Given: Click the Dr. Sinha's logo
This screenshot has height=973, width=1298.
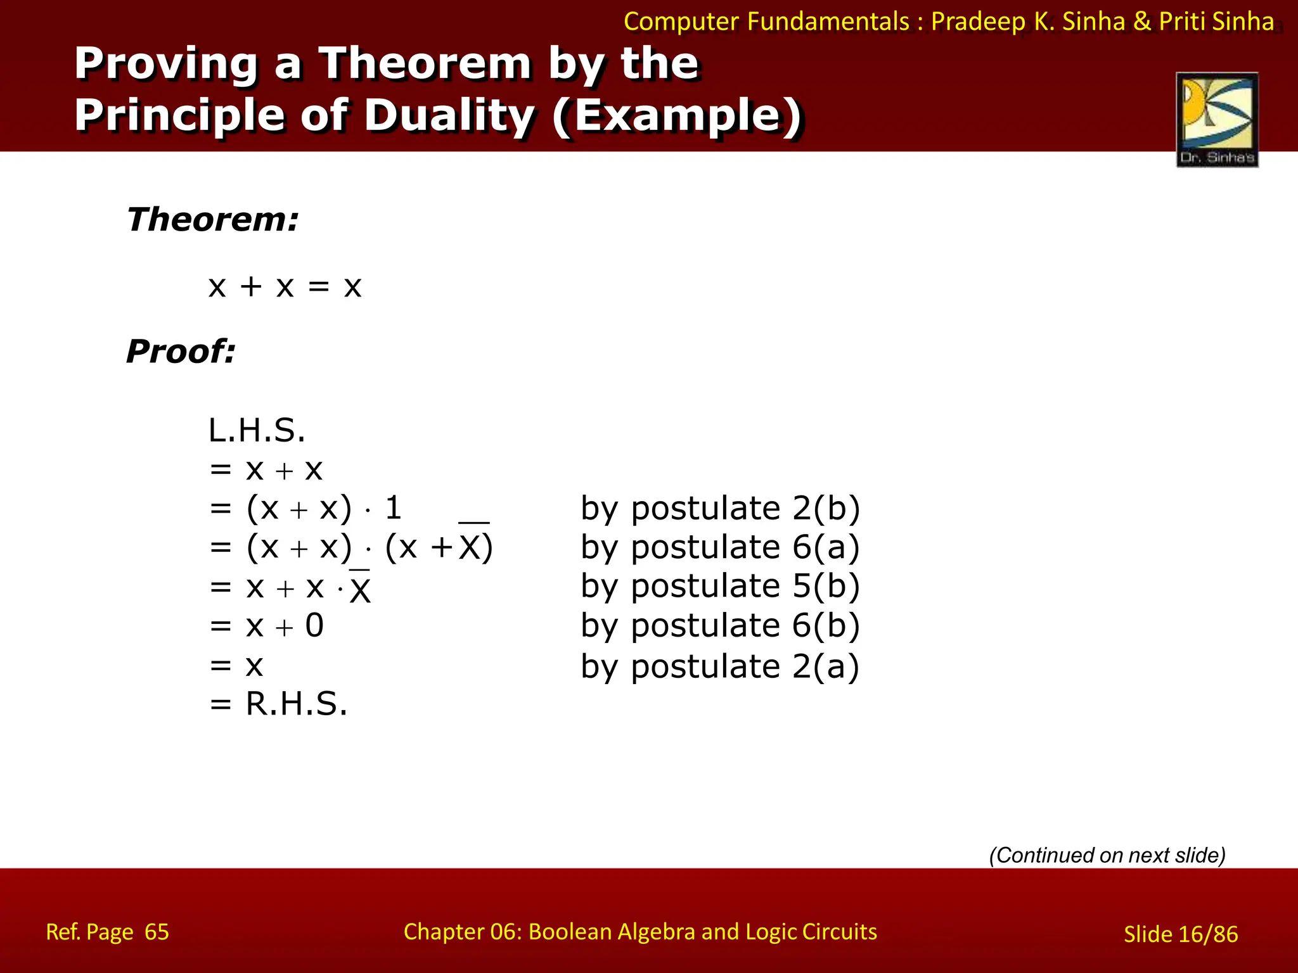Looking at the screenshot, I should click(x=1217, y=119).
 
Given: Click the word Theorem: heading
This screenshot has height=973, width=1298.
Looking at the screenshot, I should click(x=212, y=219).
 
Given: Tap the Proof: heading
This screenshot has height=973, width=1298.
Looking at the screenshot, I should click(x=181, y=351).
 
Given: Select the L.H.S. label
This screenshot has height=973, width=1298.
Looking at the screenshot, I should click(x=257, y=431).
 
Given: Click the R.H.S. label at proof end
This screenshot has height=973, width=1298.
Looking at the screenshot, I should click(x=297, y=704).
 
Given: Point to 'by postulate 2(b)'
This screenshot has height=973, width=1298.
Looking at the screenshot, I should click(x=720, y=508).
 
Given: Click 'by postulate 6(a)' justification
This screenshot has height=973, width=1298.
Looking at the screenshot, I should click(x=720, y=547).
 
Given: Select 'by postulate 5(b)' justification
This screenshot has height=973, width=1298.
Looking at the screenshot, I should click(x=720, y=586).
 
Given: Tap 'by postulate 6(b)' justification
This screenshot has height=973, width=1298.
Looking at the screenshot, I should click(x=720, y=625).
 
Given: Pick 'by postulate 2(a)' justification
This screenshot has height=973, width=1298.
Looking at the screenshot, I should click(x=720, y=666).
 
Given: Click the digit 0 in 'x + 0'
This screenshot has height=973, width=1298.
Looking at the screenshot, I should click(x=314, y=626).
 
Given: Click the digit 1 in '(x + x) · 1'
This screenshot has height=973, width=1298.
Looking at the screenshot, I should click(x=393, y=507).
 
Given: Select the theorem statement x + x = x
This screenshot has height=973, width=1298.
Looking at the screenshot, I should click(x=285, y=286).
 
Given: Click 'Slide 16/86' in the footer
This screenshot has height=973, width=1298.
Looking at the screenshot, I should click(x=1180, y=934).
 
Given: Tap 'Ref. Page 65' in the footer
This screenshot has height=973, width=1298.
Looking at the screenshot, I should click(x=107, y=932).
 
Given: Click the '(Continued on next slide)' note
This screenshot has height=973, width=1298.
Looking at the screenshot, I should click(x=1107, y=855).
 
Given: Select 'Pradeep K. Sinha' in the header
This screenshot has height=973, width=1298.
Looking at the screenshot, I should click(x=1027, y=22).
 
